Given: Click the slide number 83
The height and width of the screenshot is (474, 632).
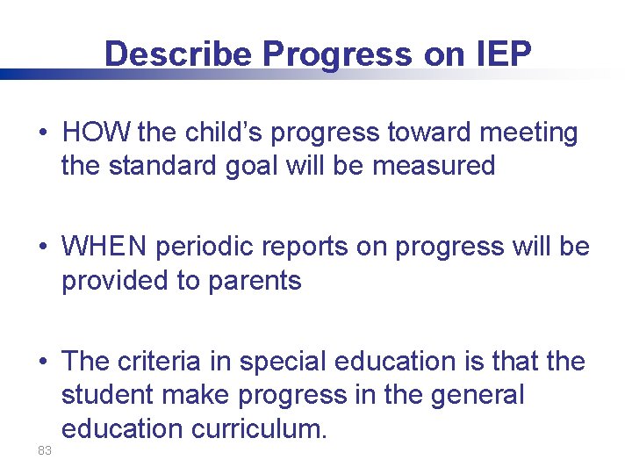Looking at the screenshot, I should (45, 450).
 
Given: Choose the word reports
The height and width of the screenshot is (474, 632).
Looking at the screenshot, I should (308, 248).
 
